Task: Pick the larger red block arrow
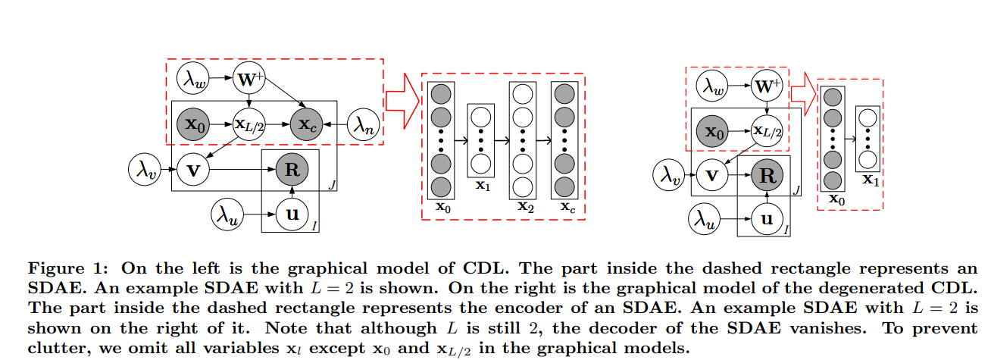coord(402,99)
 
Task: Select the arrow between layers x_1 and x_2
coord(500,141)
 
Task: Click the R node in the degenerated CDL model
coord(767,177)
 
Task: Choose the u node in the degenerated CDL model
coord(767,219)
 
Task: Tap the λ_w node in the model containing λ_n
coord(192,78)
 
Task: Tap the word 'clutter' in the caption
coord(53,348)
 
